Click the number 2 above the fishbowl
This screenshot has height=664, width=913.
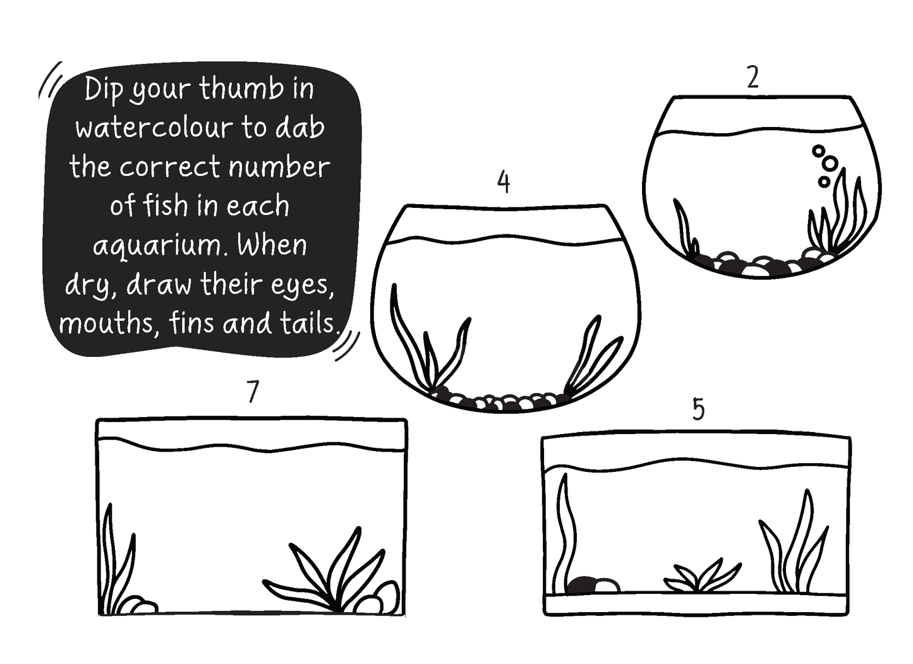pos(753,78)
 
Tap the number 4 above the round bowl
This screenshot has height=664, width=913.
pos(504,182)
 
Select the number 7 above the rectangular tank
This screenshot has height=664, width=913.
pos(253,392)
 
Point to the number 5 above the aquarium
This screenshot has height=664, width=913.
pos(699,409)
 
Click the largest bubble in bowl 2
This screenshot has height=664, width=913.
pos(830,163)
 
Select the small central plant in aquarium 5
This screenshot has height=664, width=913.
pos(702,577)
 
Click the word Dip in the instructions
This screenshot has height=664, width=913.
pos(104,90)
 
